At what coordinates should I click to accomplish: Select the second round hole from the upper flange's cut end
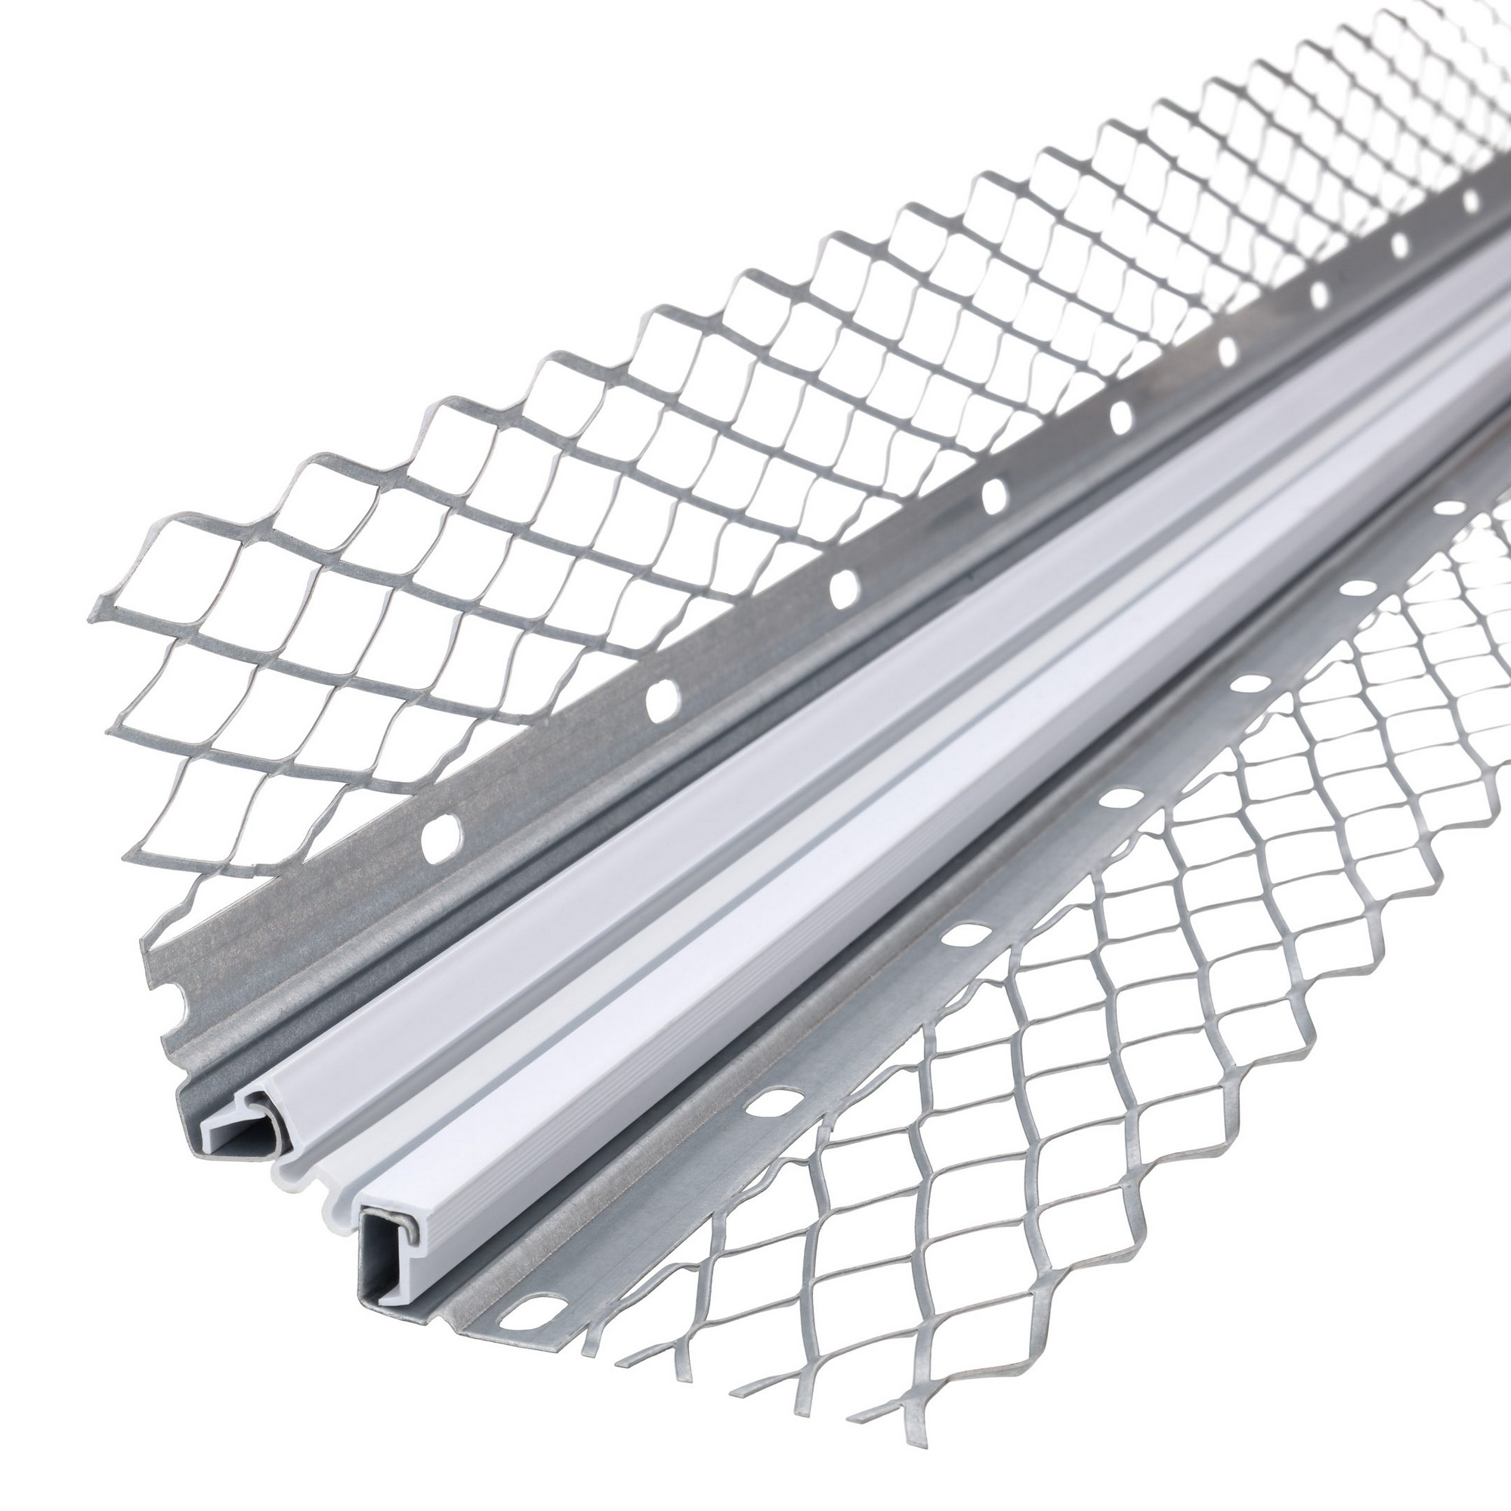(663, 695)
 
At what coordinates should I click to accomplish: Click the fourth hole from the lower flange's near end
(1120, 798)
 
